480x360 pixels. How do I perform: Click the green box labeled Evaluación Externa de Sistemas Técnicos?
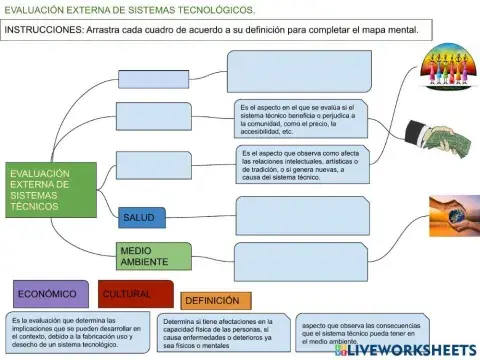coord(50,190)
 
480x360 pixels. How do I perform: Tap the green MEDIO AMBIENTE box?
coord(147,255)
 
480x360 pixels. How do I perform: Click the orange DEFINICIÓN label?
coord(215,300)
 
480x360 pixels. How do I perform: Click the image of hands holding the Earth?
coord(453,215)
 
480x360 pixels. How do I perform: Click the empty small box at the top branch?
coord(153,79)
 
